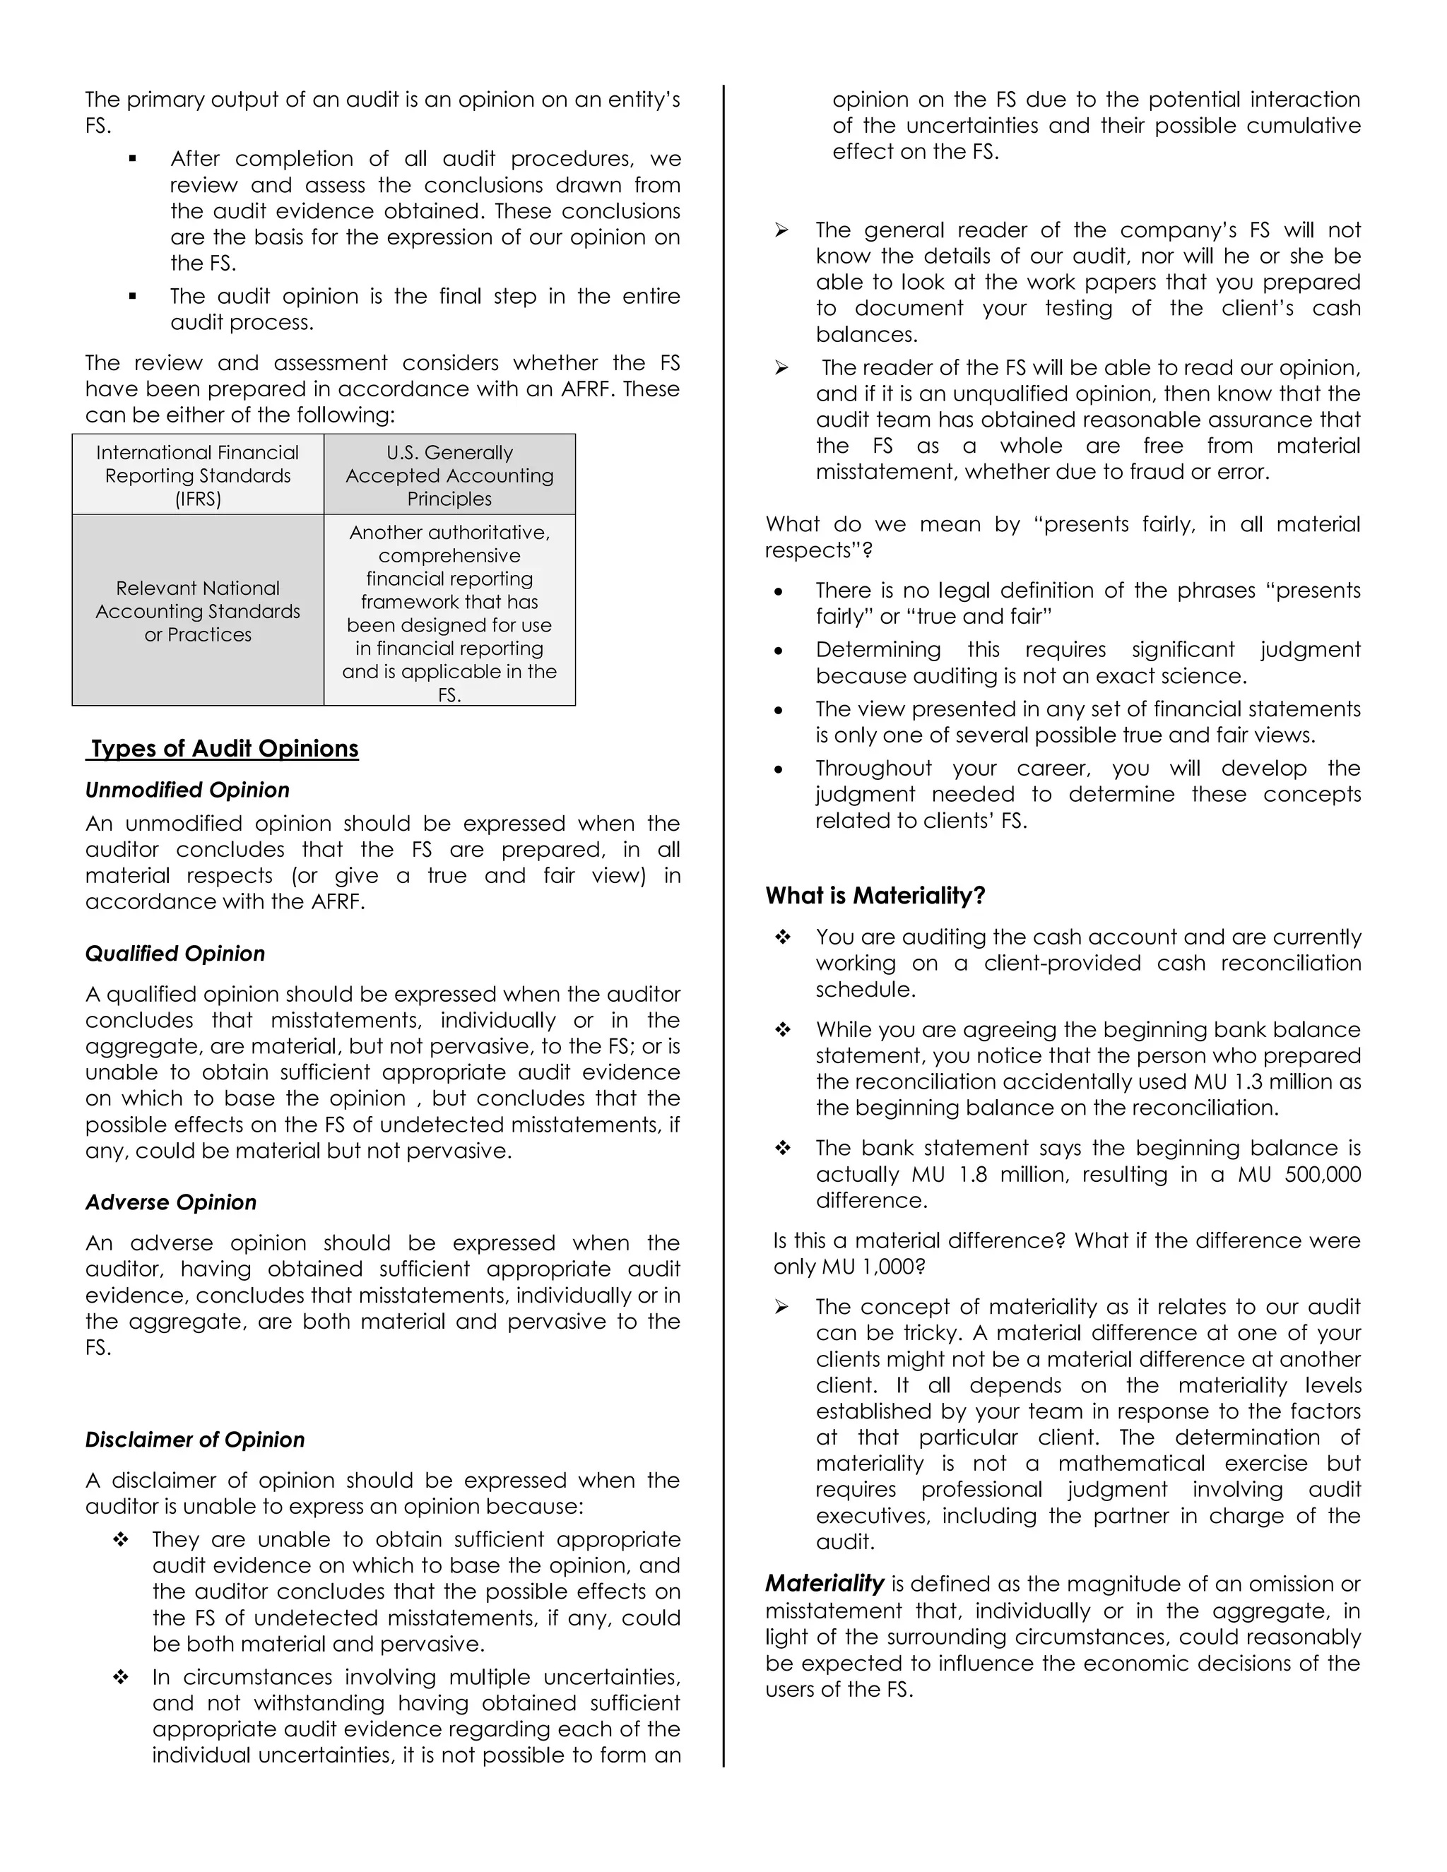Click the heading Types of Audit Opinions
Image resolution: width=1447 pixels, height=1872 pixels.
(x=224, y=748)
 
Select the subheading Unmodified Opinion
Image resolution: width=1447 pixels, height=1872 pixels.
(x=187, y=790)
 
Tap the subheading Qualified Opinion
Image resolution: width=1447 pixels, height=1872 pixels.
(x=175, y=953)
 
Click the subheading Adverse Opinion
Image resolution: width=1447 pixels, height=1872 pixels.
(x=170, y=1202)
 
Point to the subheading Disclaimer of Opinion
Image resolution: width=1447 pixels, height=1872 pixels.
(x=194, y=1439)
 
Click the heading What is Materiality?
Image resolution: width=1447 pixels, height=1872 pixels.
(x=875, y=896)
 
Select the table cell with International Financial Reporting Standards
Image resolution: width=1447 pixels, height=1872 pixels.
(x=198, y=475)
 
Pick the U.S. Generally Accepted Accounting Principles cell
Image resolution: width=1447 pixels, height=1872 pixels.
(x=449, y=475)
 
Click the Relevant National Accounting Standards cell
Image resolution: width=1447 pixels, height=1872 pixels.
(x=198, y=611)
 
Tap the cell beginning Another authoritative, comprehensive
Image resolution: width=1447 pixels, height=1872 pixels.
(x=449, y=611)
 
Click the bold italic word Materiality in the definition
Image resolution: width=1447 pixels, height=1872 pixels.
(x=825, y=1583)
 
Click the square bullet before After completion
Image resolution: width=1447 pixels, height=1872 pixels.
(x=133, y=158)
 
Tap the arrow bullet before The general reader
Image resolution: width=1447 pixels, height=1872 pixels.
(x=781, y=230)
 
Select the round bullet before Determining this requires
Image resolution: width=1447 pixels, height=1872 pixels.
(x=779, y=651)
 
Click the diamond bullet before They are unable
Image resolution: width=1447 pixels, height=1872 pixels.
(x=121, y=1539)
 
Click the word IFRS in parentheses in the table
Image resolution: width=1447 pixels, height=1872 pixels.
(x=198, y=499)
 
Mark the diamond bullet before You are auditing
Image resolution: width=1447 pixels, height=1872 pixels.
(x=782, y=937)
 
